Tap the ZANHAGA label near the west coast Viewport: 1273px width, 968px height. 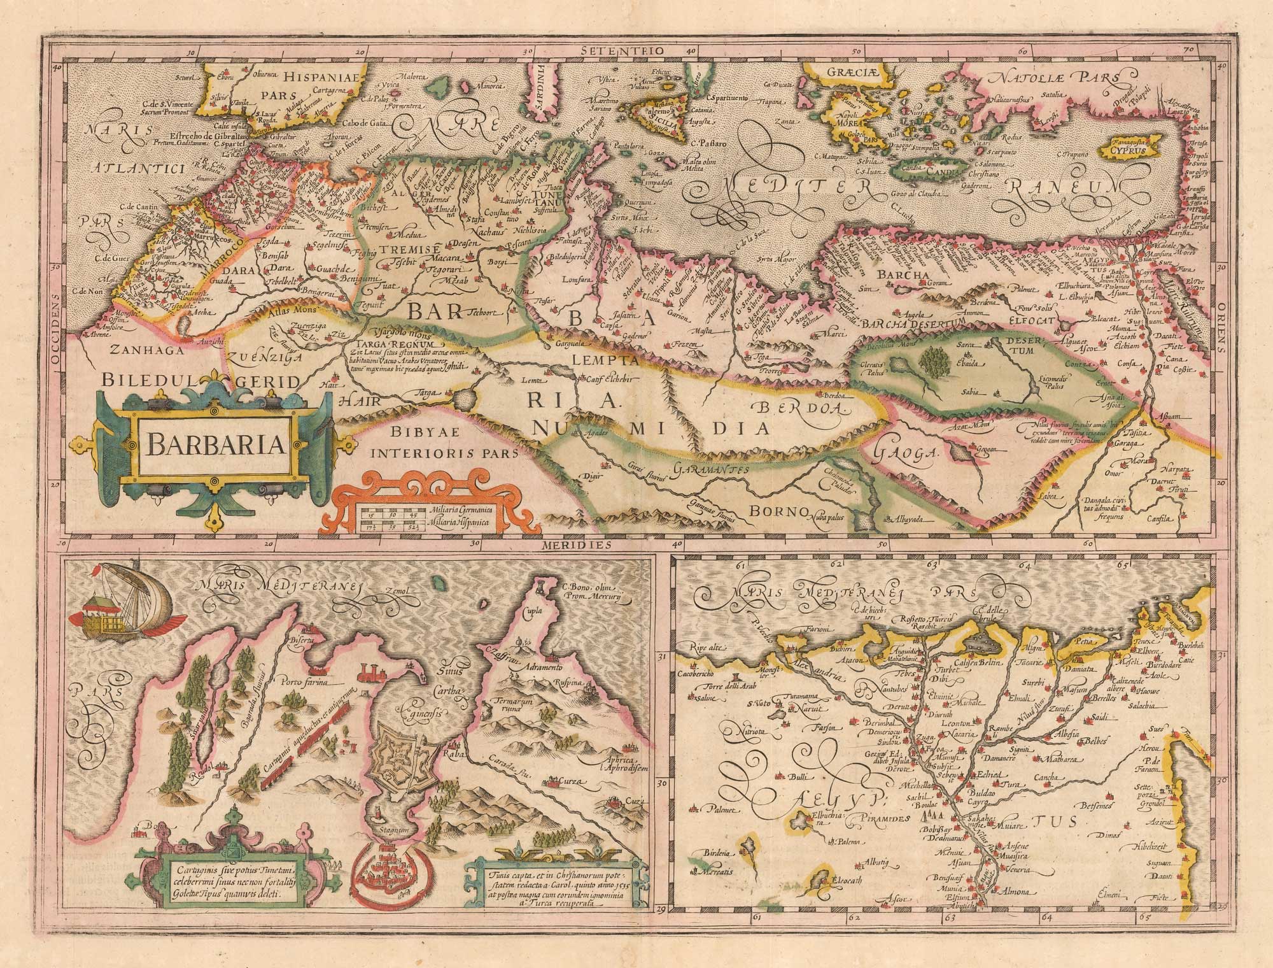point(139,349)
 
